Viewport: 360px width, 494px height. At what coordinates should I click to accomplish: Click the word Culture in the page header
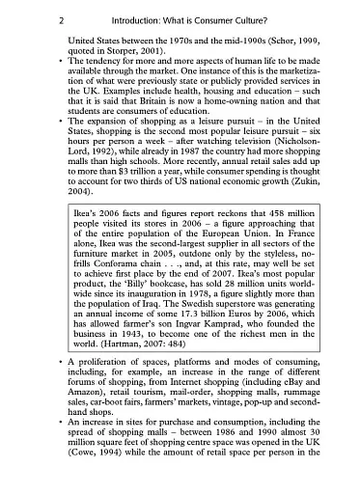pyautogui.click(x=277, y=19)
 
